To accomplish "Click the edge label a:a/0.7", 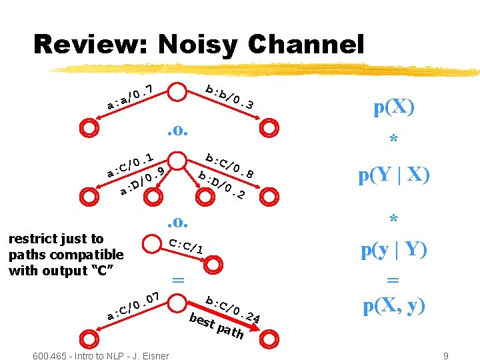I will point(131,97).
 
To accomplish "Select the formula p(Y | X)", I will point(393,176).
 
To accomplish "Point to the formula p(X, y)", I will point(393,306).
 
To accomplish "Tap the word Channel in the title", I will point(303,45).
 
